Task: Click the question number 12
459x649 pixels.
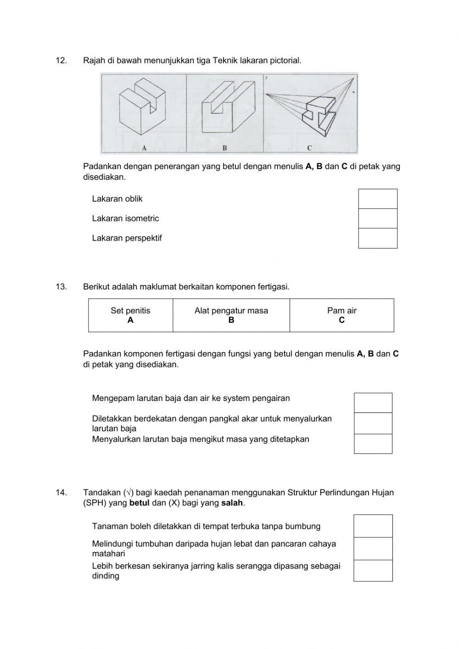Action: [61, 60]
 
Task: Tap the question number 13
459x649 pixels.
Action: [61, 287]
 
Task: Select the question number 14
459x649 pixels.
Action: [61, 492]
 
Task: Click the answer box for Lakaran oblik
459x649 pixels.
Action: [377, 199]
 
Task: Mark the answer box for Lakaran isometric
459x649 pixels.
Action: [377, 219]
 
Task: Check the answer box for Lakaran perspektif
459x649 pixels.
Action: [377, 238]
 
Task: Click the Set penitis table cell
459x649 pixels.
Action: [130, 315]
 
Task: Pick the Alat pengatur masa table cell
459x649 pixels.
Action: [231, 315]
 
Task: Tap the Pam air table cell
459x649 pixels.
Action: [341, 315]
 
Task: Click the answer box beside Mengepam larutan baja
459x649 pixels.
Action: [373, 403]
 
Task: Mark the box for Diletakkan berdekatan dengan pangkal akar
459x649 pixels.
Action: [373, 423]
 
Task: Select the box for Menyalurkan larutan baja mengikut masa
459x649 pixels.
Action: [373, 444]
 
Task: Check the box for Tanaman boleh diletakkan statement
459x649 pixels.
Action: [373, 526]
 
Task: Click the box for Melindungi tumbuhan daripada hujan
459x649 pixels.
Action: [373, 548]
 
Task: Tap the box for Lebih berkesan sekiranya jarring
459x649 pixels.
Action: [373, 570]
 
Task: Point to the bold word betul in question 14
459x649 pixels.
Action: [140, 503]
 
